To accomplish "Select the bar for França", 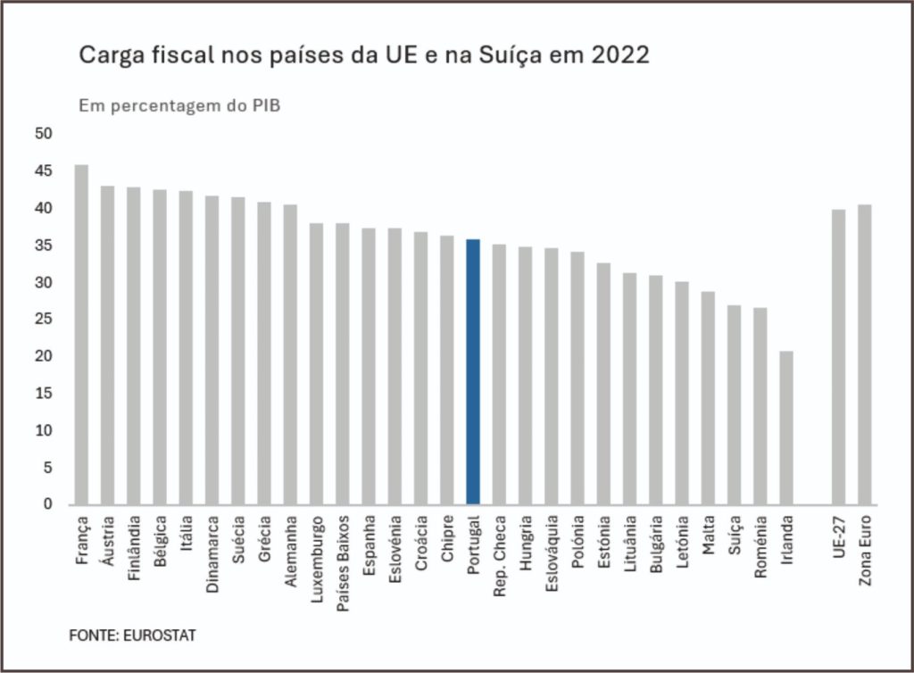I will coord(81,335).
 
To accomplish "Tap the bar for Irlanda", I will coord(786,428).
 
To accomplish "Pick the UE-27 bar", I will coord(838,357).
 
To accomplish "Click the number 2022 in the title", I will coord(618,55).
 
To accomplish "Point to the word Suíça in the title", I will coord(518,55).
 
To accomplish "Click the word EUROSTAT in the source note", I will coord(161,636).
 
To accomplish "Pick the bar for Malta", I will coord(708,398).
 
